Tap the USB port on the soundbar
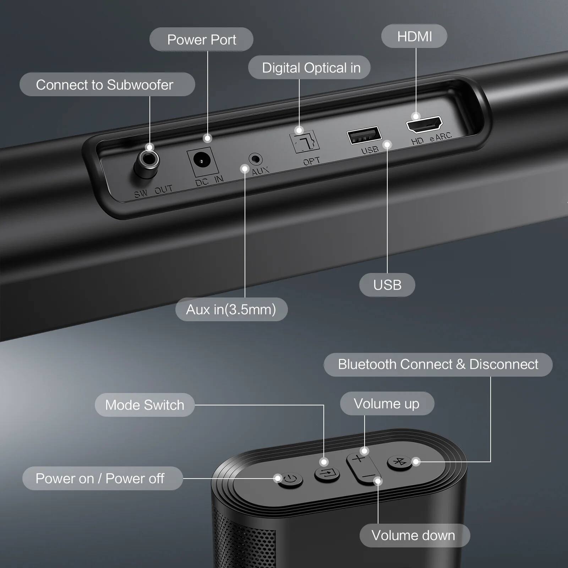point(364,135)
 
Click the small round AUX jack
point(255,159)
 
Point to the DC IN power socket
point(202,162)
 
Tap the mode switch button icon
point(327,474)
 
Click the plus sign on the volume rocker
point(359,459)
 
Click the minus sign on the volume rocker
point(369,476)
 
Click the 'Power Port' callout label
point(201,39)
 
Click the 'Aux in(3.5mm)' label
point(231,310)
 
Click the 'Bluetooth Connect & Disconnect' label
point(438,365)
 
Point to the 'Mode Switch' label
point(144,405)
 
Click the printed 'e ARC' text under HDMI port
point(441,137)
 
